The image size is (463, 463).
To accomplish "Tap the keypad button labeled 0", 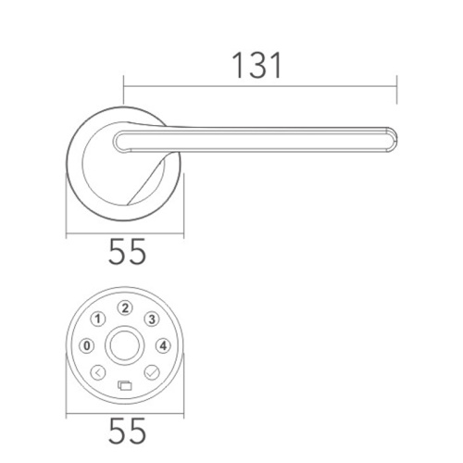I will (89, 346).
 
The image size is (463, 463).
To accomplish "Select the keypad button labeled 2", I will (127, 309).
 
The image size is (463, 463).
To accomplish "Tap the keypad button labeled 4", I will (164, 346).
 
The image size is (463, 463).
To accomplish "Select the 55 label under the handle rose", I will (127, 253).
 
